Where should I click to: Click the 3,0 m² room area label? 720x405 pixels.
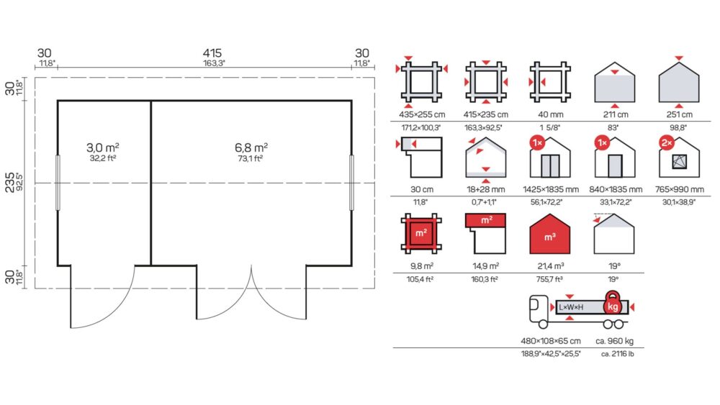(x=103, y=147)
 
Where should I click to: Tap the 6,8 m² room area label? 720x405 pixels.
(x=251, y=147)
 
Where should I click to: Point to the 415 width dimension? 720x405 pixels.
(x=212, y=53)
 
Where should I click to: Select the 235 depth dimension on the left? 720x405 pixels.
(x=9, y=182)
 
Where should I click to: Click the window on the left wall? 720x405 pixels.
(x=58, y=183)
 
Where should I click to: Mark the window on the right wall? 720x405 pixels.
(x=352, y=183)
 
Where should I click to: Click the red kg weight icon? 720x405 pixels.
(x=613, y=303)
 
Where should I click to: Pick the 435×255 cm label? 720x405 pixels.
(x=421, y=114)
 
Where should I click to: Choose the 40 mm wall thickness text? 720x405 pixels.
(x=550, y=114)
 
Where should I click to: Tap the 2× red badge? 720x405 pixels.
(x=667, y=143)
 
